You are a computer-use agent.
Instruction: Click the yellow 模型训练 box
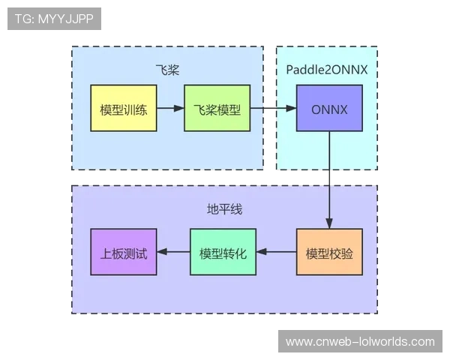(x=123, y=109)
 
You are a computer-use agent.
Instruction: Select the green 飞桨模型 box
(x=217, y=109)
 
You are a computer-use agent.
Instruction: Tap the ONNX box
(x=328, y=109)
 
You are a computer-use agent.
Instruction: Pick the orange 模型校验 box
(x=329, y=252)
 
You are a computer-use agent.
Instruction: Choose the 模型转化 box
(x=223, y=252)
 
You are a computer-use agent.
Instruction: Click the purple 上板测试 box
(x=123, y=252)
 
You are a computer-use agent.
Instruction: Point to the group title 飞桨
(x=167, y=70)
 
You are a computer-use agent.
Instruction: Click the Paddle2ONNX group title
(x=326, y=70)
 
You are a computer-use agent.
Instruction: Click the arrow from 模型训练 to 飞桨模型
(x=170, y=109)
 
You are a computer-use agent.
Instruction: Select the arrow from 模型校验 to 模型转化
(x=276, y=252)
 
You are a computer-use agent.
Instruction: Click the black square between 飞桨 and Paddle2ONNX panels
(x=267, y=108)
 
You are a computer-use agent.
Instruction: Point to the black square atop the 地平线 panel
(x=328, y=178)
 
